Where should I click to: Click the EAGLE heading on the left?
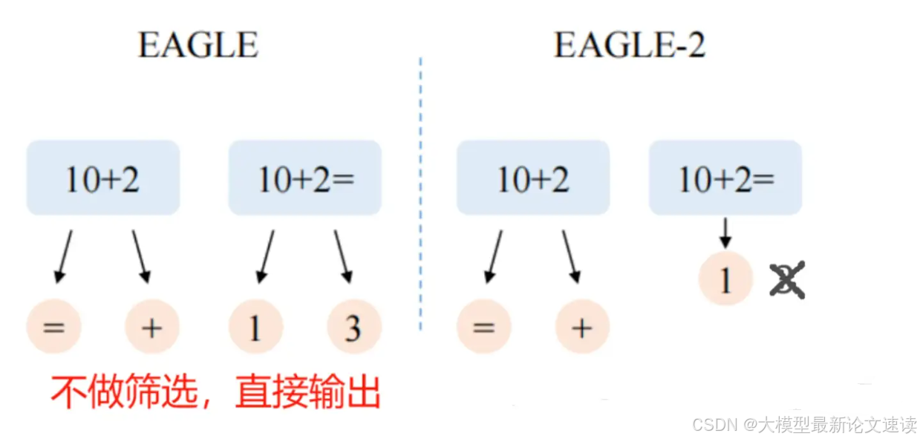(198, 46)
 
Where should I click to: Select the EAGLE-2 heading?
(629, 46)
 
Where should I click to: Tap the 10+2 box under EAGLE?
(102, 178)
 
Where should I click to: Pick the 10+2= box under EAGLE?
(304, 178)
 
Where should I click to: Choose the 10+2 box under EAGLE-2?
(532, 178)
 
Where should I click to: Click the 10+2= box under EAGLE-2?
(725, 178)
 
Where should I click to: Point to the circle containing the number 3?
(354, 328)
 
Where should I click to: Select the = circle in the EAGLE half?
(53, 328)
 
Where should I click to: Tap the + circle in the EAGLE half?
(151, 328)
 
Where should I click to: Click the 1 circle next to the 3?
(255, 328)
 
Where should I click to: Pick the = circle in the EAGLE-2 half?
(483, 328)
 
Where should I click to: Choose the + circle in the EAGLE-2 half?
(582, 328)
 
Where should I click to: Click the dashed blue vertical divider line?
(420, 193)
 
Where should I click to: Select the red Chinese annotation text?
(215, 391)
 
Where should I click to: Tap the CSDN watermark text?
(804, 425)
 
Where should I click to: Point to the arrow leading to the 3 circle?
(343, 256)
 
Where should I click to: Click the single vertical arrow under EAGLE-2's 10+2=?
(725, 233)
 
